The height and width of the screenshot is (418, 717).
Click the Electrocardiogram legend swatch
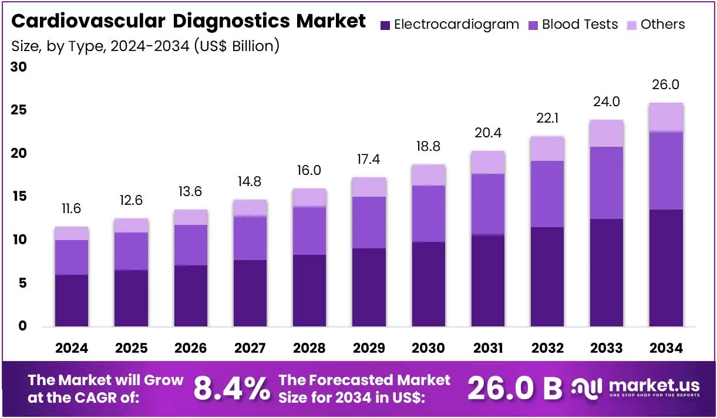(385, 25)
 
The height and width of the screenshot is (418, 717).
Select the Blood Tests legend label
(580, 24)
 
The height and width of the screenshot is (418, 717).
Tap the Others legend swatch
(632, 25)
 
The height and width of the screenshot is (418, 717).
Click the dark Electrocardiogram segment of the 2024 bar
(72, 301)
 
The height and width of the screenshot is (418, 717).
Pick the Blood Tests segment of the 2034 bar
(666, 171)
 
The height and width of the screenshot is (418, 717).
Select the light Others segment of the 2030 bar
(428, 175)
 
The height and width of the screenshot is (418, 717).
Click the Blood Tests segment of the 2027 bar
(250, 238)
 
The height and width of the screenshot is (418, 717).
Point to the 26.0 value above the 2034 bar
(665, 85)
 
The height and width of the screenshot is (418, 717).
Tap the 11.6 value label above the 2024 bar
(71, 208)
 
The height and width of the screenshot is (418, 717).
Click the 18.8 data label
(428, 147)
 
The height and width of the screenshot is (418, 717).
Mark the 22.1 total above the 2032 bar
(547, 119)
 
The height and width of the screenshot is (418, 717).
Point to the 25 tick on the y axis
(19, 110)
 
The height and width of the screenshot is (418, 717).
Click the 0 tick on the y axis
(22, 326)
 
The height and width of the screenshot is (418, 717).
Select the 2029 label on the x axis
(369, 348)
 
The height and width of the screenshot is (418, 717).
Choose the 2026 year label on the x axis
(190, 348)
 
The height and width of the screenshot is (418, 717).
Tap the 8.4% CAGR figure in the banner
(232, 389)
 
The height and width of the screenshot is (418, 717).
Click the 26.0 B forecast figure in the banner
(515, 389)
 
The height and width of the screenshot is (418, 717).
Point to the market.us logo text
(654, 386)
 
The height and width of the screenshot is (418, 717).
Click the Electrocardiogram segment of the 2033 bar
(607, 272)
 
